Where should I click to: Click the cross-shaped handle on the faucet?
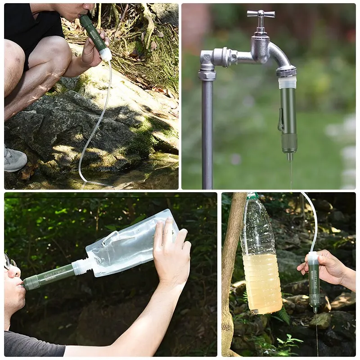click(261, 14)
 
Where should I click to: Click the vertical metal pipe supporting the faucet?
click(207, 135)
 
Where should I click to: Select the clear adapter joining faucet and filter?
click(287, 82)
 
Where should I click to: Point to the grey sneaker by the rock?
click(14, 159)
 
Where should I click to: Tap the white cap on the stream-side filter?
click(106, 54)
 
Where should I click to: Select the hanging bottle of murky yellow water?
click(261, 265)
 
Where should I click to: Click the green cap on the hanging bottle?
click(252, 196)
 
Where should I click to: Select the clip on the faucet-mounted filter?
click(281, 122)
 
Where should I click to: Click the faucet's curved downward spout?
click(281, 56)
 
